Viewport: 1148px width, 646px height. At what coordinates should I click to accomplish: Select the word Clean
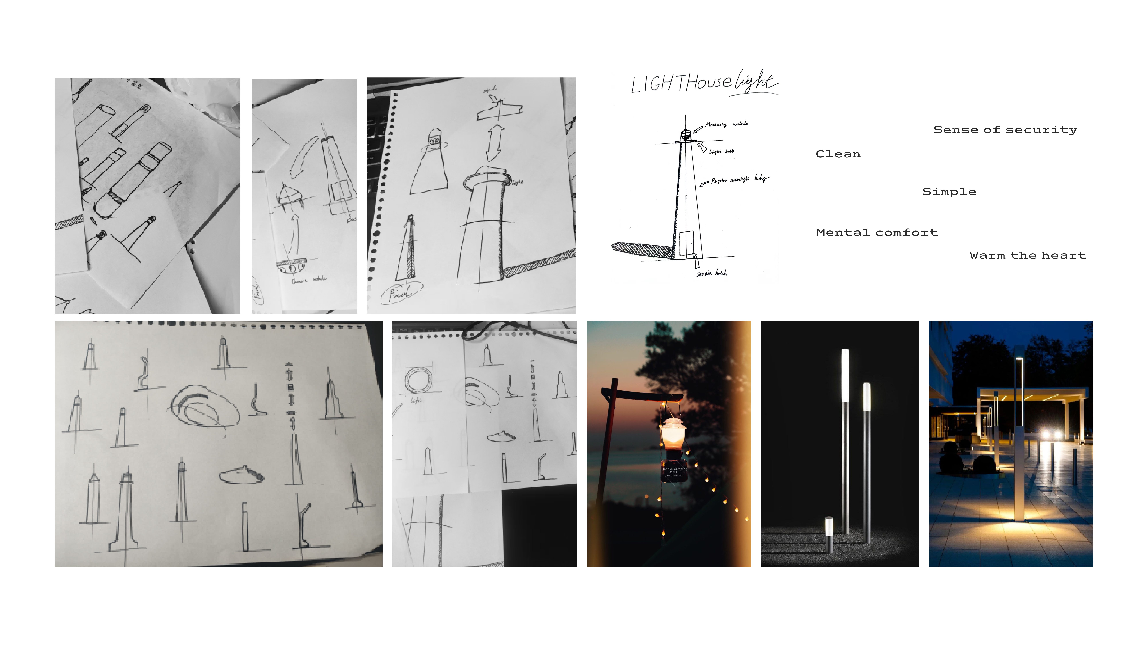(x=838, y=154)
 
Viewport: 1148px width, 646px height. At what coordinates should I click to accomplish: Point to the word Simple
(x=949, y=192)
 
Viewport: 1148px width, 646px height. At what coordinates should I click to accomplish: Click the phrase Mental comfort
(x=877, y=232)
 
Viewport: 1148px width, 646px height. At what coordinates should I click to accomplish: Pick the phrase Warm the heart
(x=1027, y=255)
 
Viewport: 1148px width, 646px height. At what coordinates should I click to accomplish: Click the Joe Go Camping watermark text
(x=674, y=471)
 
